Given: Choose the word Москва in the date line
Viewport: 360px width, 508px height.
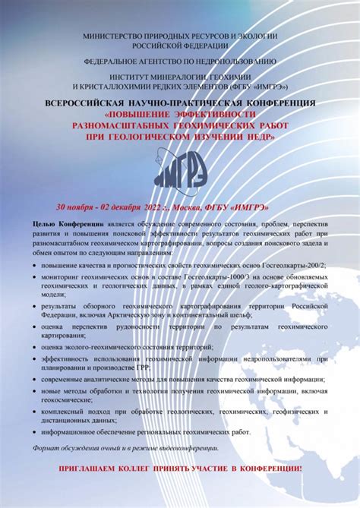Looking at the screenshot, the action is (187, 207).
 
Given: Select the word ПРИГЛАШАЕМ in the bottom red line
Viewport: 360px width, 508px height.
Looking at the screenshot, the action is (93, 469).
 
